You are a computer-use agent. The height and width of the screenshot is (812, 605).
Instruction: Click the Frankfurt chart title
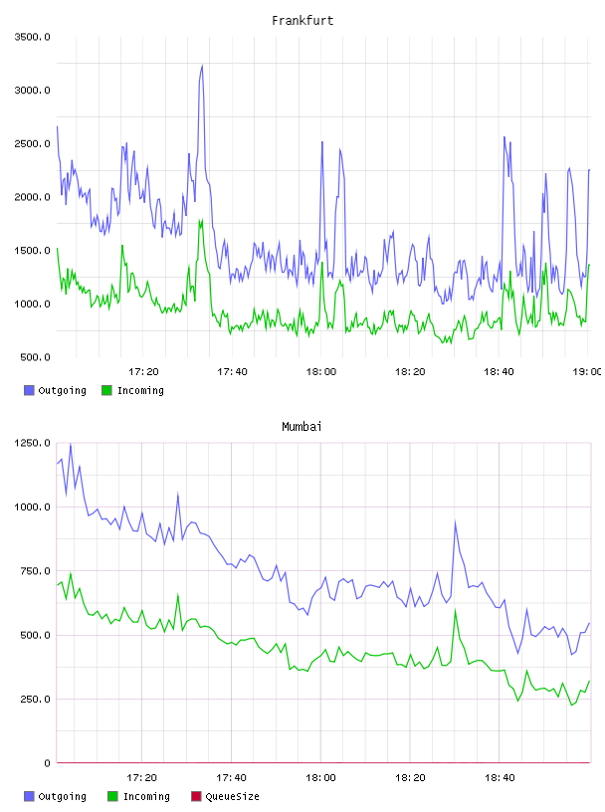[x=302, y=21]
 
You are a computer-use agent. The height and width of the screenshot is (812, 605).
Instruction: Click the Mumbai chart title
[x=302, y=427]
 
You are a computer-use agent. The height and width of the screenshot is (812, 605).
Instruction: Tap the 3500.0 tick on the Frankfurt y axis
[x=33, y=37]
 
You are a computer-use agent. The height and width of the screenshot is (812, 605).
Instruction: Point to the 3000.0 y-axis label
[x=33, y=91]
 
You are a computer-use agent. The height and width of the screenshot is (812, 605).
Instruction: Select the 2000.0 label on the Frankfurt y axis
[x=33, y=197]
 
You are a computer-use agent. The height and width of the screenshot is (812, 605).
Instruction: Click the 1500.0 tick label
[x=33, y=250]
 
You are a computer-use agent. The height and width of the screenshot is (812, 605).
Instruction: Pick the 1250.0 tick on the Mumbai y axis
[x=33, y=443]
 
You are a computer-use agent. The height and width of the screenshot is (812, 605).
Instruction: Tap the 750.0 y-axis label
[x=35, y=570]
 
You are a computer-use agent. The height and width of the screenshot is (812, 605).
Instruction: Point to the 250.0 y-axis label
[x=35, y=700]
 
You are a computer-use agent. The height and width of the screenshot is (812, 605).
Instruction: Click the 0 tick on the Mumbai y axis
[x=47, y=763]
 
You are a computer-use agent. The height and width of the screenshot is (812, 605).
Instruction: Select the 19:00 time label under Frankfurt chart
[x=587, y=371]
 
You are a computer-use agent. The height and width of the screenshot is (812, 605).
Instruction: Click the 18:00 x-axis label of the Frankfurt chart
[x=321, y=371]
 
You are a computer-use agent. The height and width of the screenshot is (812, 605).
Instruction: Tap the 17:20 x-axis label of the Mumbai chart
[x=142, y=777]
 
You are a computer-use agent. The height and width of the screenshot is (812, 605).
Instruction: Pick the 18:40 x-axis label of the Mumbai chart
[x=500, y=777]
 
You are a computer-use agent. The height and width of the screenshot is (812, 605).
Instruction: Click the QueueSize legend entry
[x=225, y=796]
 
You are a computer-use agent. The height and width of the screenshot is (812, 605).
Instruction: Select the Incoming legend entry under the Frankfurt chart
[x=133, y=390]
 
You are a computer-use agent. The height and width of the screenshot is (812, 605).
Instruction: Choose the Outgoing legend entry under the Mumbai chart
[x=56, y=796]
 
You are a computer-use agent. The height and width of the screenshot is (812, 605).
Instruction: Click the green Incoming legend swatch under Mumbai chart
[x=112, y=796]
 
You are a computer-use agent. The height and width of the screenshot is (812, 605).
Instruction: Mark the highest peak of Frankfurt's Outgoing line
[x=202, y=66]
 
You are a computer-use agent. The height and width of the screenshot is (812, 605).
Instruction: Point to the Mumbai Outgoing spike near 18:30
[x=456, y=521]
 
